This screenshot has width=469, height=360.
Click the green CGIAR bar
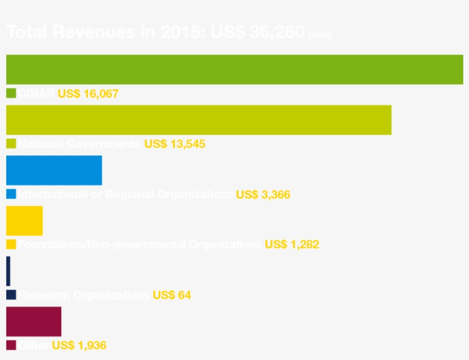click(x=234, y=70)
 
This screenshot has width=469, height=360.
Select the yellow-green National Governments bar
click(x=198, y=120)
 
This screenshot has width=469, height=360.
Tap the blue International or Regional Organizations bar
click(x=54, y=171)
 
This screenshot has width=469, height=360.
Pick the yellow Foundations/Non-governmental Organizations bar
click(x=24, y=221)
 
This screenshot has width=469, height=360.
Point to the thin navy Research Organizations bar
click(x=8, y=271)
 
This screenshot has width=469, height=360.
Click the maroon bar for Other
click(x=33, y=322)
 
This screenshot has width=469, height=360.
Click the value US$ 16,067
click(x=88, y=94)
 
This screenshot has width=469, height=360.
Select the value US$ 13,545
click(x=174, y=144)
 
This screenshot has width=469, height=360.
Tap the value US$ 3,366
click(x=263, y=195)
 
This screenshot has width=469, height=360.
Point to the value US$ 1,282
click(x=292, y=245)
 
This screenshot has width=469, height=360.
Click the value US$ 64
click(x=172, y=295)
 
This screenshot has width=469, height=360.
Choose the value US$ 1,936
click(x=79, y=346)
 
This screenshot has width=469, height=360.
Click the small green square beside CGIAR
click(x=11, y=93)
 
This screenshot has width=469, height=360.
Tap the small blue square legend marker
click(x=11, y=194)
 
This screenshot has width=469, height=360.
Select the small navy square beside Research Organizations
click(x=11, y=295)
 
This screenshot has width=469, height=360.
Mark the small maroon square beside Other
click(x=11, y=345)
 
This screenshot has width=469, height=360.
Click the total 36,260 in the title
click(x=276, y=33)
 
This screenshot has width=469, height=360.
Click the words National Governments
click(x=79, y=144)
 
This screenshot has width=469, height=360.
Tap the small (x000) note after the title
click(x=320, y=35)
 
